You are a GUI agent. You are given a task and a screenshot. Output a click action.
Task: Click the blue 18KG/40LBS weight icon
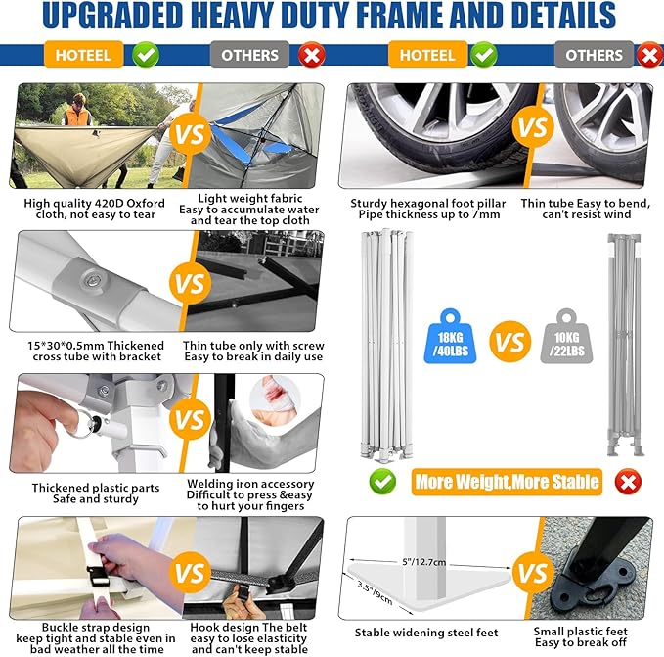click(x=450, y=337)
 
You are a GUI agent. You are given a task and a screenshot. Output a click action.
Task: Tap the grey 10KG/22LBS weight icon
click(x=566, y=337)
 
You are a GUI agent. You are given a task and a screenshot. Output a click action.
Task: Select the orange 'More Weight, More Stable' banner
click(x=507, y=482)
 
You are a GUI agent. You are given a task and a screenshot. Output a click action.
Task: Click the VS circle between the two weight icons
click(x=509, y=342)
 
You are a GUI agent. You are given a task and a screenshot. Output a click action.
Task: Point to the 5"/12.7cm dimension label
click(x=423, y=562)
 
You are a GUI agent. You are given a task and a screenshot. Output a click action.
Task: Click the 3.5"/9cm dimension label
click(x=375, y=593)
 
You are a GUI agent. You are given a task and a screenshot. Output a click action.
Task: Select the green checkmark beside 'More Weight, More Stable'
click(x=382, y=482)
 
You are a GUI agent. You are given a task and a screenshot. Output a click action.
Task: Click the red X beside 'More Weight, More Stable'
click(x=628, y=482)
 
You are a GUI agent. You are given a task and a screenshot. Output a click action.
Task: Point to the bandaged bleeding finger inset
click(x=275, y=399)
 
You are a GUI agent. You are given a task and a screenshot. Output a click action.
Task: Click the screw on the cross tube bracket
click(x=92, y=280)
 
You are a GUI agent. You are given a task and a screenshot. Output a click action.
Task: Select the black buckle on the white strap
click(x=99, y=576)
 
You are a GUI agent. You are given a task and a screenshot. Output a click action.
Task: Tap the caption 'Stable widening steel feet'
click(x=426, y=633)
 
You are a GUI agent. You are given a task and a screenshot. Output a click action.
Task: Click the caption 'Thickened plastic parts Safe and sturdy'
click(x=96, y=493)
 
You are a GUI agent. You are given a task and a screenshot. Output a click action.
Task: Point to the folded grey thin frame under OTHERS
click(x=625, y=345)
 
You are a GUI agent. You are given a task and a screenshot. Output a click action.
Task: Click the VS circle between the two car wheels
click(x=533, y=126)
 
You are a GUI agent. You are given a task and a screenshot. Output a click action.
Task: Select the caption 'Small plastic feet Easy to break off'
click(x=581, y=637)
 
